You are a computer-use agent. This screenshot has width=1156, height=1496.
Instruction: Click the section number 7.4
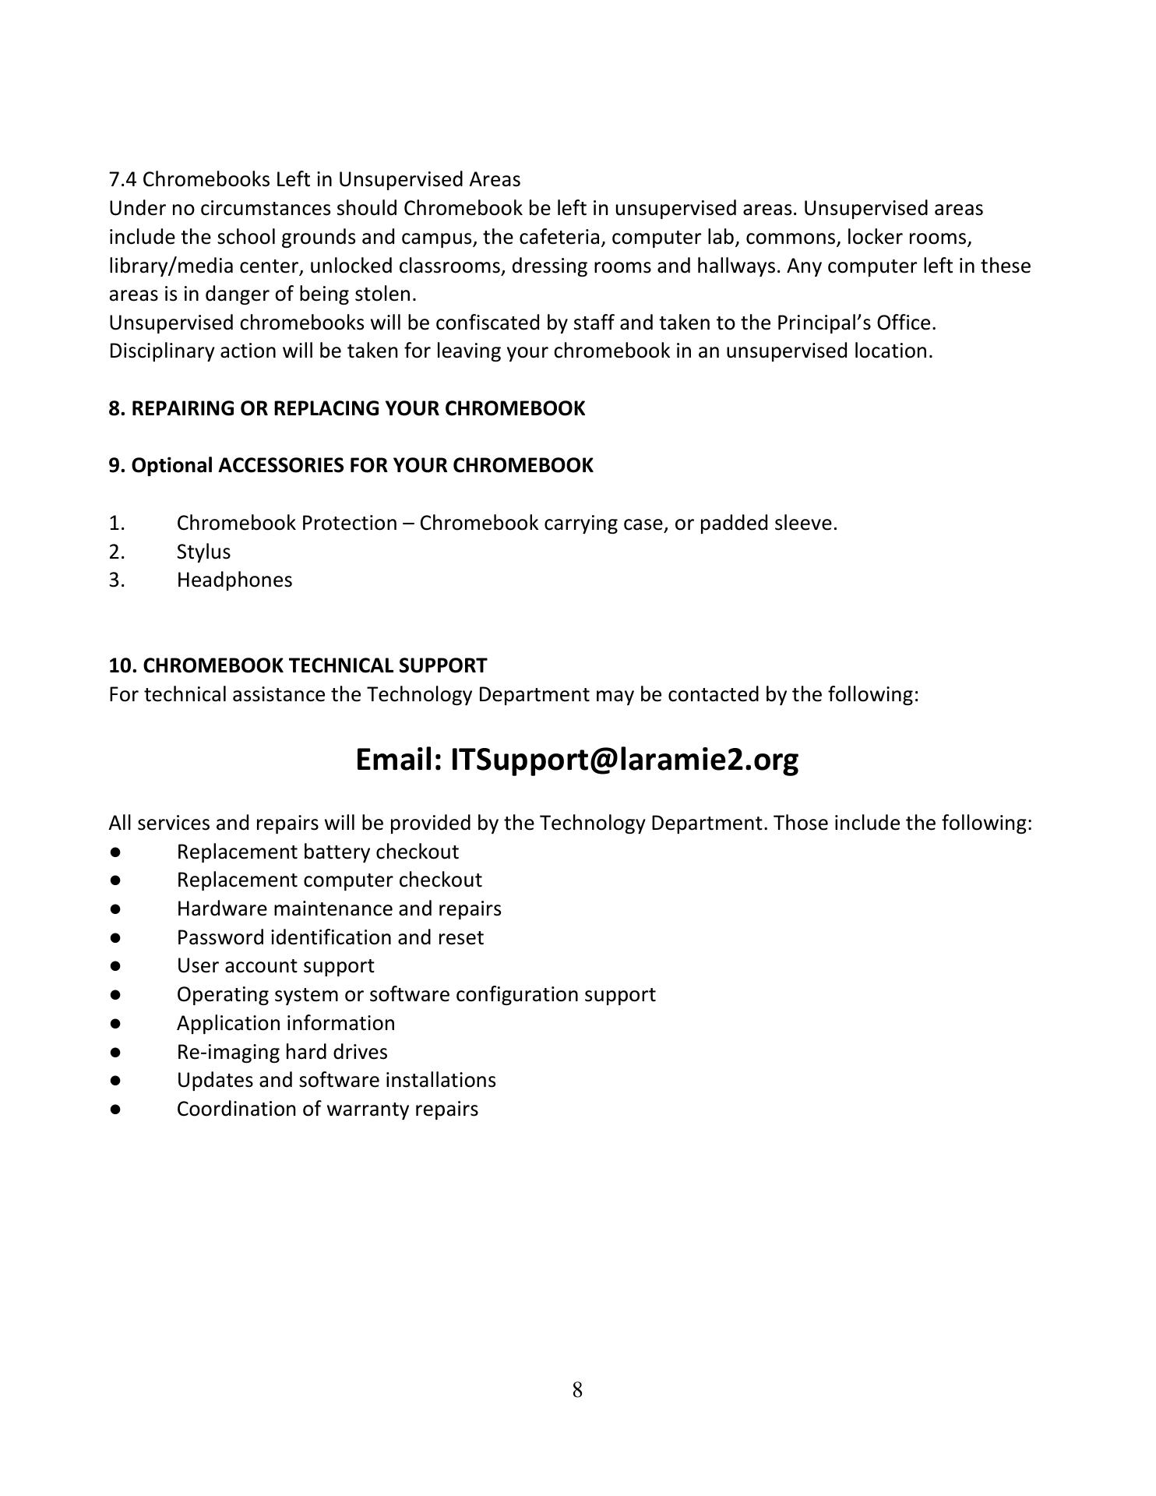click(123, 180)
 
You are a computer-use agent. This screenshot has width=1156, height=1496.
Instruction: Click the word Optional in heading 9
click(171, 466)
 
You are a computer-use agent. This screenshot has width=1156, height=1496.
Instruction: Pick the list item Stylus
click(203, 552)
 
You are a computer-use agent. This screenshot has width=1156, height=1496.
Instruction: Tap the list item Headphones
click(234, 580)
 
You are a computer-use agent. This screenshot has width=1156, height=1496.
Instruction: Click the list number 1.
click(116, 523)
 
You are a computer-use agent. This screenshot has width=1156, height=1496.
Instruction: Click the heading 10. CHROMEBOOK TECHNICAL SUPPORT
click(298, 666)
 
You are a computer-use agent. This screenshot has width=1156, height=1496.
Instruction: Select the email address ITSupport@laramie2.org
click(624, 760)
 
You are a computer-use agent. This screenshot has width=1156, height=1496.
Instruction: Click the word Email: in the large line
click(399, 760)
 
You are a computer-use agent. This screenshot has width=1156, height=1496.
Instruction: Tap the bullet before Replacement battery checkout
click(115, 852)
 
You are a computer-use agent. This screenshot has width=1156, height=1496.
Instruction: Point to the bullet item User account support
click(275, 966)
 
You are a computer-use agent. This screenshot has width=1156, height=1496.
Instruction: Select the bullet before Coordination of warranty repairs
click(115, 1110)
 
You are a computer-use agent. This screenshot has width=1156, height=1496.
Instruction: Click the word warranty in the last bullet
click(370, 1110)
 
